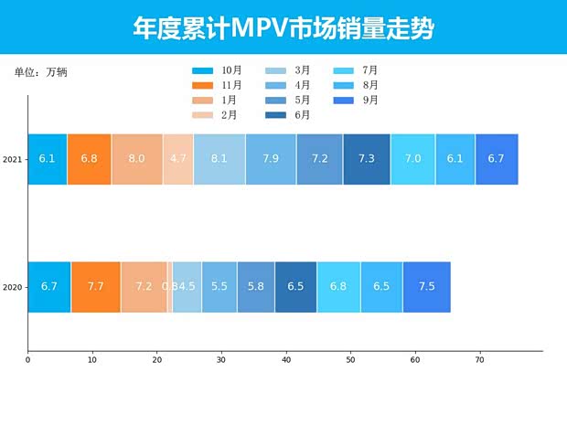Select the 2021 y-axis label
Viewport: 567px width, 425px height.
click(12, 159)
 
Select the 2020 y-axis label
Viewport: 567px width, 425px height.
click(12, 287)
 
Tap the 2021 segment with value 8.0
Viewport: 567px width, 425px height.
click(137, 159)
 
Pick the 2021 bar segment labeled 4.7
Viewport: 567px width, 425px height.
click(178, 159)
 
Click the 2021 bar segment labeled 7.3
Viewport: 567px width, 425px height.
click(366, 159)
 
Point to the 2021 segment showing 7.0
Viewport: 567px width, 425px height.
click(412, 159)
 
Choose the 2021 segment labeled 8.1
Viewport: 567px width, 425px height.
click(219, 159)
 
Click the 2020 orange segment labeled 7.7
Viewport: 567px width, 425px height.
click(95, 287)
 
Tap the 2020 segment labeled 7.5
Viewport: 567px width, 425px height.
click(426, 287)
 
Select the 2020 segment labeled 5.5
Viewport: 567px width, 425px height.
click(219, 287)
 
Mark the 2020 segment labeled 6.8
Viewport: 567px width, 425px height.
click(338, 287)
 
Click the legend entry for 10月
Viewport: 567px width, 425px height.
click(218, 70)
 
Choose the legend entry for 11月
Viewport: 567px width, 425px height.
click(218, 85)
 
